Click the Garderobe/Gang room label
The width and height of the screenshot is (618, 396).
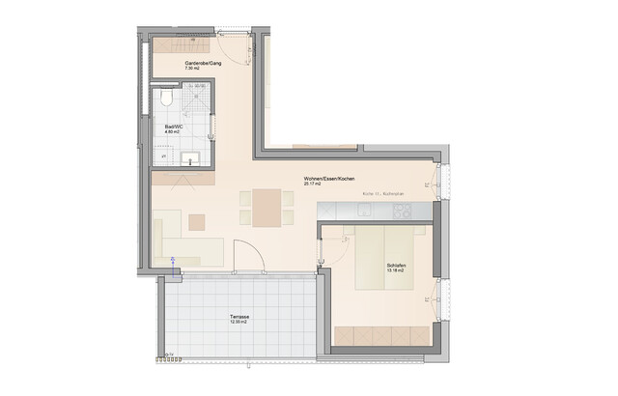(203, 64)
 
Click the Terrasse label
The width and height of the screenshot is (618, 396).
(239, 316)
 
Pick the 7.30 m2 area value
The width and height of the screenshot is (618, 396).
(193, 70)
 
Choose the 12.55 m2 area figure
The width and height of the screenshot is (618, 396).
(239, 322)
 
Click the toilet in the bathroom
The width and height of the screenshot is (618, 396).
(165, 100)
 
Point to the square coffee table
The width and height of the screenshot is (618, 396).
(197, 222)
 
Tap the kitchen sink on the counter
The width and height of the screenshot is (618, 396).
(406, 207)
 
